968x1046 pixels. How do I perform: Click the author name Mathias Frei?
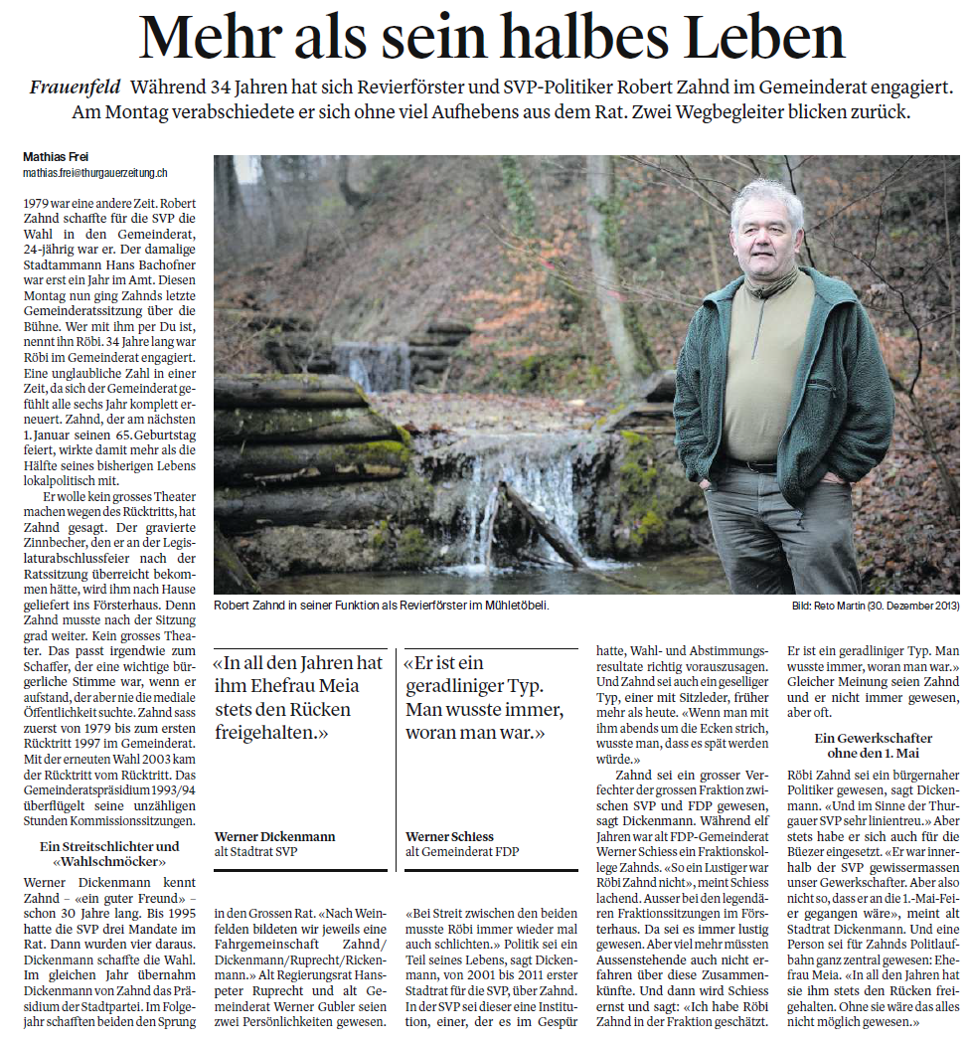57,157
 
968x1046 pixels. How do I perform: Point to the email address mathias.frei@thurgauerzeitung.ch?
94,172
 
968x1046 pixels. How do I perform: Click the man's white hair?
766,197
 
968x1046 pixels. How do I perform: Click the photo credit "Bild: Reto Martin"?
808,605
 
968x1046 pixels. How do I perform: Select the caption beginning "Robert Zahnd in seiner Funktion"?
381,605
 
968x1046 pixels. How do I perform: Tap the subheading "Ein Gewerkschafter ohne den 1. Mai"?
873,745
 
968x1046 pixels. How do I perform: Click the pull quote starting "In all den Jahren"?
299,697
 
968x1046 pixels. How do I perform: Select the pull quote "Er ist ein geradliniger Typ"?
484,697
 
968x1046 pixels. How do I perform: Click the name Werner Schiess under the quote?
450,836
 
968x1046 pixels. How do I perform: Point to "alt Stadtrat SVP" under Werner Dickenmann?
255,851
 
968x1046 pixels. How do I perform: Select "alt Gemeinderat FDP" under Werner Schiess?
462,851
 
